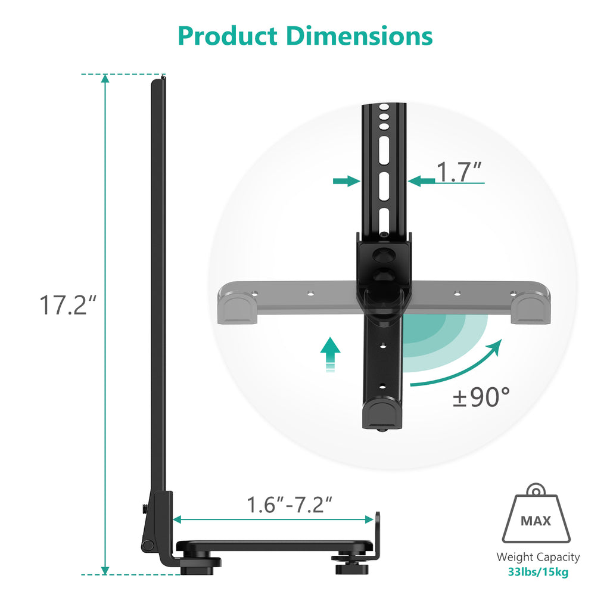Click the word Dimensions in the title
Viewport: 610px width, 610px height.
[359, 36]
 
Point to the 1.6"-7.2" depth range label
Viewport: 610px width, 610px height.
[290, 505]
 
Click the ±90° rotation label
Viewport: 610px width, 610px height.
[481, 397]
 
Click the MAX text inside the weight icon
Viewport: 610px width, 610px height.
[536, 521]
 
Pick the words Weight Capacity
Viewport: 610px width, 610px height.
[538, 557]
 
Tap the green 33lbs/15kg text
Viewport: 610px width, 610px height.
[538, 572]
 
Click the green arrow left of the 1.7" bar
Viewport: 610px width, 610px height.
[346, 180]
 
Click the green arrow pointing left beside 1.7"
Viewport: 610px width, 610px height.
[422, 180]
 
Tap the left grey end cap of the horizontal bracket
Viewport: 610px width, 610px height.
[239, 307]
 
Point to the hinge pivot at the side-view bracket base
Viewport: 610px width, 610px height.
[146, 545]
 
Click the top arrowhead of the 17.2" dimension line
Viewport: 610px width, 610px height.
[105, 80]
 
